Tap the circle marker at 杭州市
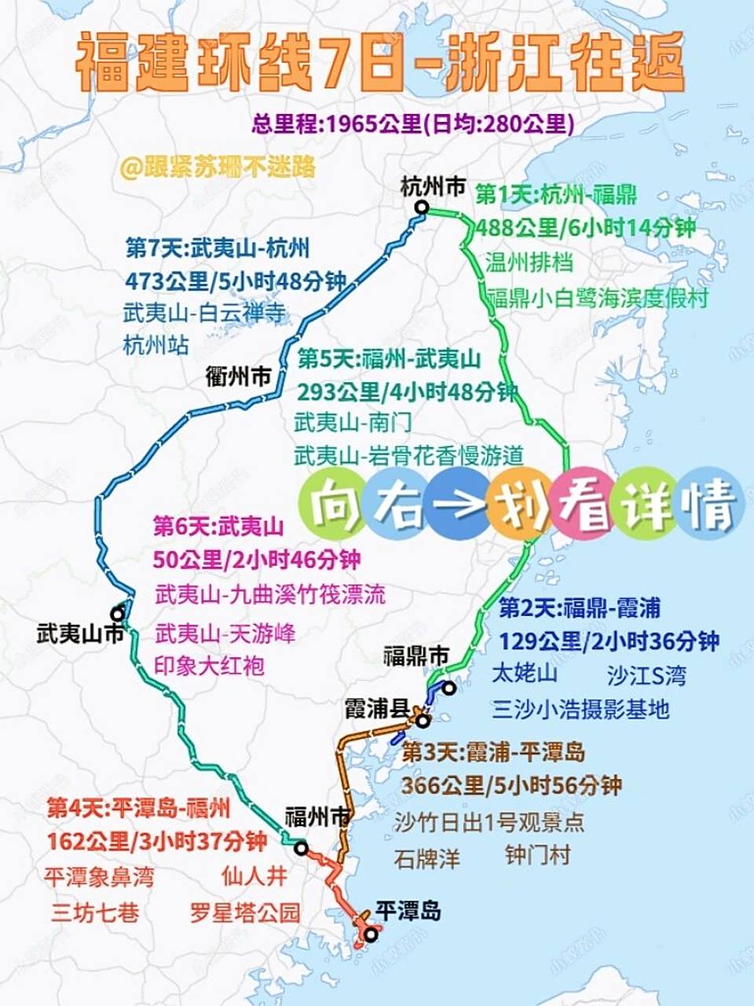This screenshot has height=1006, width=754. (x=422, y=207)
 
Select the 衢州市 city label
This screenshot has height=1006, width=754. (x=238, y=376)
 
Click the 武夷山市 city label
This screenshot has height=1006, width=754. (x=80, y=633)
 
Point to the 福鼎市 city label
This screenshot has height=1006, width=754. (x=416, y=656)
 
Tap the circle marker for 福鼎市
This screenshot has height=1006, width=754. (x=448, y=688)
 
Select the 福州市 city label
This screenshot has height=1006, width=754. (x=318, y=817)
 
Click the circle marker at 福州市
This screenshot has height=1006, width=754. (x=301, y=847)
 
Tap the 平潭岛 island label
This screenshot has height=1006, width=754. (x=408, y=912)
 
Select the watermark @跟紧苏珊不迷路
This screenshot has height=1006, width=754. (x=218, y=167)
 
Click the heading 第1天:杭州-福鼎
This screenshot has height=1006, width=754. (x=556, y=194)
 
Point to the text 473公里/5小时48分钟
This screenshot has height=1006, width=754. (x=236, y=281)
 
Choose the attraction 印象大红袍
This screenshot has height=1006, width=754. (x=210, y=666)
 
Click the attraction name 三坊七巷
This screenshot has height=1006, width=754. (x=95, y=912)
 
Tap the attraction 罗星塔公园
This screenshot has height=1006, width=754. (x=245, y=912)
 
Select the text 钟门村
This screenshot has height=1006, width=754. (x=537, y=855)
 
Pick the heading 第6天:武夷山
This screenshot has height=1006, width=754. (x=218, y=525)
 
